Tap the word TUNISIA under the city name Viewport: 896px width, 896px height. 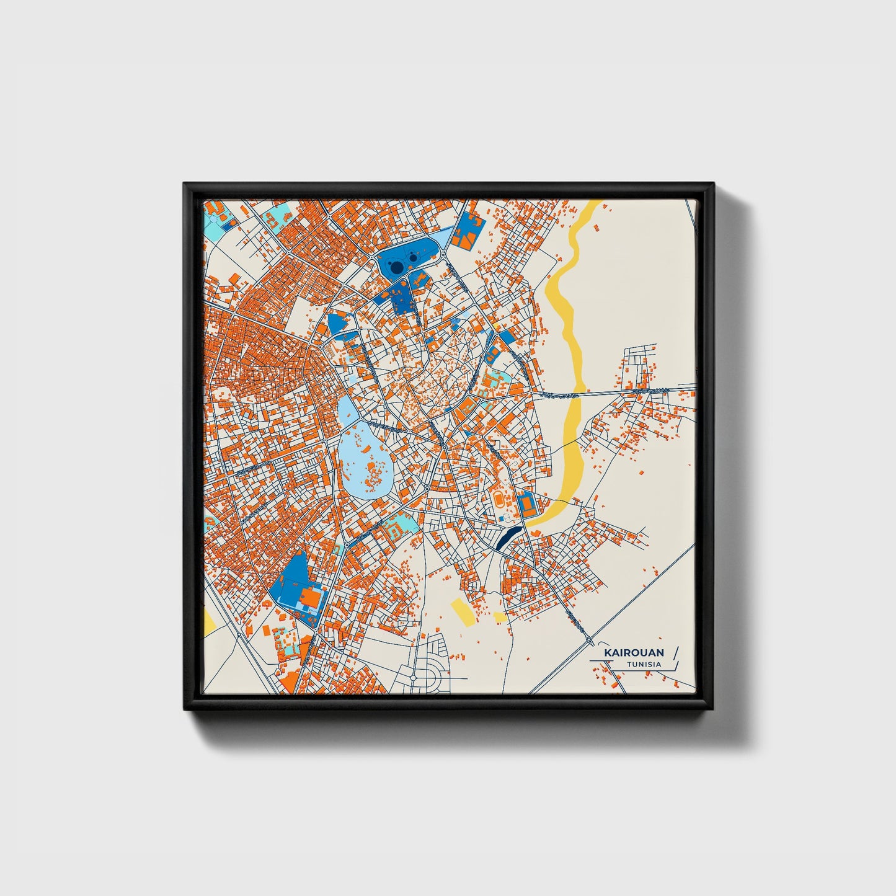coord(643,665)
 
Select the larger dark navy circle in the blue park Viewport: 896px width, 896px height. coord(394,267)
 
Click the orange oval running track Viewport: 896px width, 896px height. coord(500,499)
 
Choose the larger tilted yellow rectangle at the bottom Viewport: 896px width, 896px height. coord(463,611)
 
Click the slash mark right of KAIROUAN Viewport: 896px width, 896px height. coord(675,652)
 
